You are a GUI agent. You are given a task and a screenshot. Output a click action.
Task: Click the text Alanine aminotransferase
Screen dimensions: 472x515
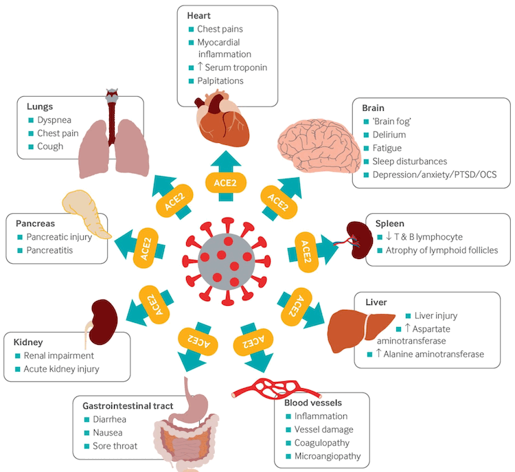[431, 354]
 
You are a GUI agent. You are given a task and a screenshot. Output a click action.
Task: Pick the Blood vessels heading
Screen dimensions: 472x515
[312, 403]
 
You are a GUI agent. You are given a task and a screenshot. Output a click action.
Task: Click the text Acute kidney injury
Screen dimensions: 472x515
[62, 369]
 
